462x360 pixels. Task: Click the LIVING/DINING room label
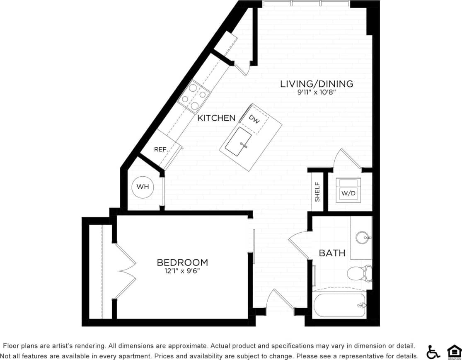click(317, 84)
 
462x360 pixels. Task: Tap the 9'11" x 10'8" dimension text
click(316, 92)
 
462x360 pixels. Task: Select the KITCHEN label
click(216, 118)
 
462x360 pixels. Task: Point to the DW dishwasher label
click(254, 120)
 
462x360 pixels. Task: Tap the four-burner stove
click(194, 97)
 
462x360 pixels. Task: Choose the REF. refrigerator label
click(160, 149)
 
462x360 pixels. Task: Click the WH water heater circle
click(143, 187)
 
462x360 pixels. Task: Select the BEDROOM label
click(182, 263)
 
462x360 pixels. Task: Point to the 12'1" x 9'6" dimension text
click(182, 272)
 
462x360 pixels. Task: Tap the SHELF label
click(317, 192)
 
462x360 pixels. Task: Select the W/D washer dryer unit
click(348, 190)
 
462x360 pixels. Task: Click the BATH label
click(332, 253)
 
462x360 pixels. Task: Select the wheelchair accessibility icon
click(433, 352)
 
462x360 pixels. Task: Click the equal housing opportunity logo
click(454, 352)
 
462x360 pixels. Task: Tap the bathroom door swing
click(298, 245)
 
